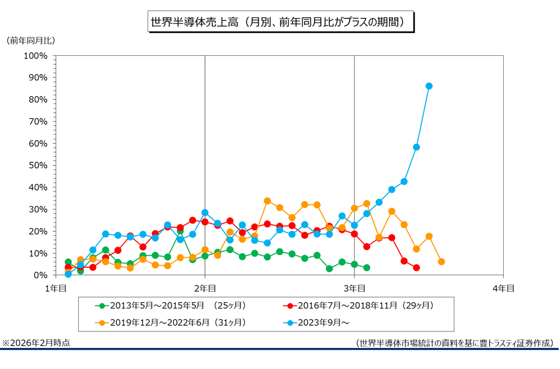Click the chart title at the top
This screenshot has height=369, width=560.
281,22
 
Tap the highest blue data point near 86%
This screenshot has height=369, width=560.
429,86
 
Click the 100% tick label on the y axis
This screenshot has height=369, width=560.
36,55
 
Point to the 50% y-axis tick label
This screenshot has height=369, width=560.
38,165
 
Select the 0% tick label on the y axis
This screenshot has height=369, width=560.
40,275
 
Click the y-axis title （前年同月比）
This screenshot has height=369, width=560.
31,40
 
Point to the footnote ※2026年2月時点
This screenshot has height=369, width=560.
36,343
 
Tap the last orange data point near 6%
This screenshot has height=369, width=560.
441,261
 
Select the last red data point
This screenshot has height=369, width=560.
416,268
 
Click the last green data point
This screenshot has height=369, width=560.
367,268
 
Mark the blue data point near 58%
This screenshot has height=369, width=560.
416,147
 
